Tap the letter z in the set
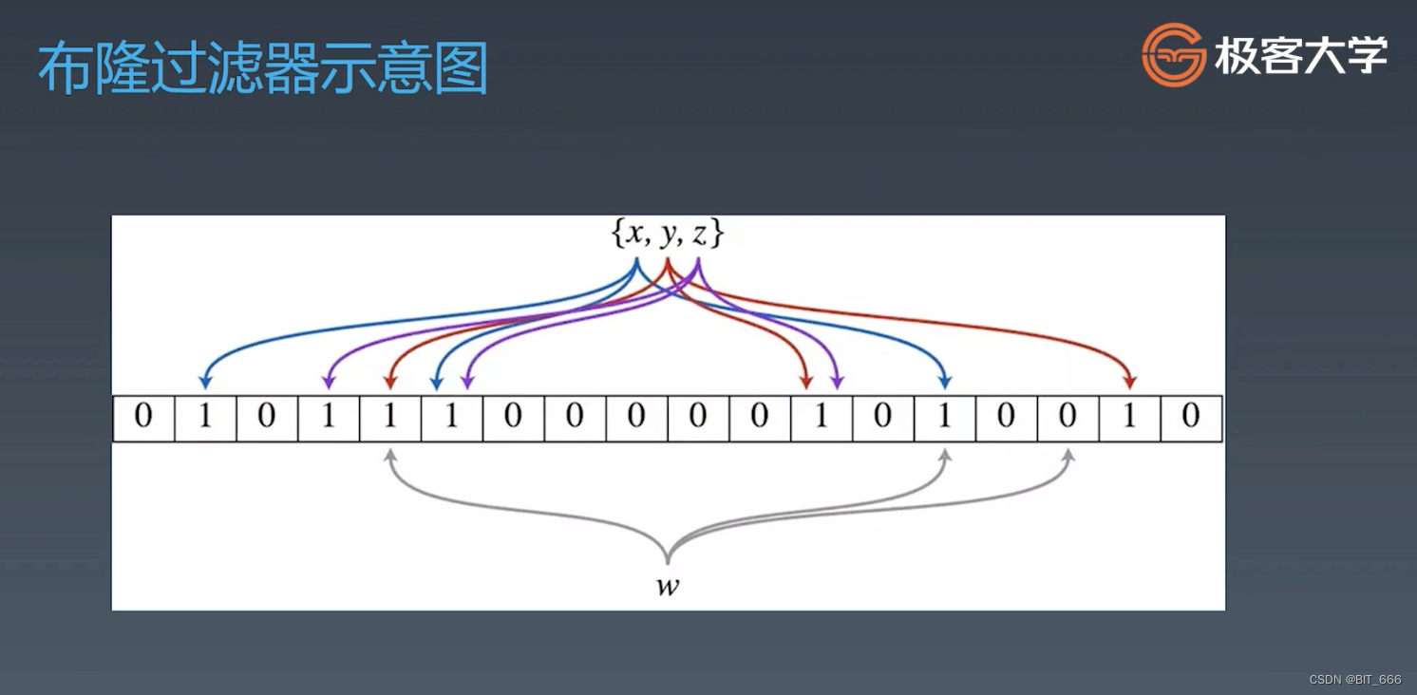[x=699, y=234]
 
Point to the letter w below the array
[x=668, y=586]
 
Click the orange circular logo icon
[x=1174, y=54]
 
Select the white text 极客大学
[x=1301, y=56]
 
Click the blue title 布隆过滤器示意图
[x=263, y=68]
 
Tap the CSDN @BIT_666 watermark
[x=1354, y=680]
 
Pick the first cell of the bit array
[x=143, y=418]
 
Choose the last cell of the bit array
[x=1191, y=418]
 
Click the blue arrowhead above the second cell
[x=205, y=382]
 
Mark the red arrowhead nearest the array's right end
[x=1129, y=382]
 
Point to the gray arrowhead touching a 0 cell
[x=1067, y=455]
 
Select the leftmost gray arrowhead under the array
[x=389, y=455]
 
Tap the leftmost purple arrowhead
[x=329, y=382]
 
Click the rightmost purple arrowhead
[x=837, y=382]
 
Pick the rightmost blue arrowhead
[x=944, y=382]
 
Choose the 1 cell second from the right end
[x=1129, y=418]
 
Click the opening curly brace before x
[x=617, y=234]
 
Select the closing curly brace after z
[x=718, y=234]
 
